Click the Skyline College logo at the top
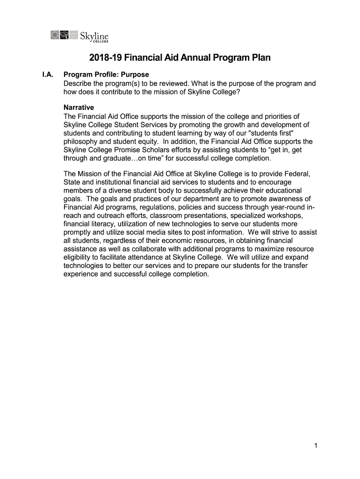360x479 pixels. coord(79,36)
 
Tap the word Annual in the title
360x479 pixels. coord(196,58)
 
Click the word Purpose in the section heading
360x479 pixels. coord(135,75)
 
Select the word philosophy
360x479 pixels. coord(81,141)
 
